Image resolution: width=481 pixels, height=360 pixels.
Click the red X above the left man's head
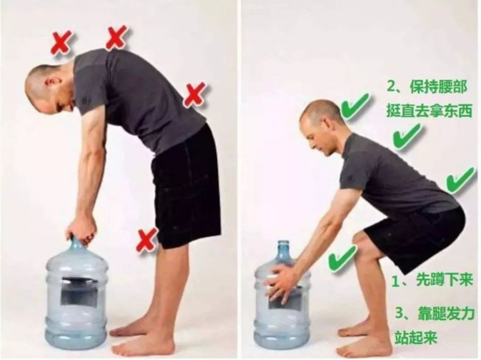tap(61, 43)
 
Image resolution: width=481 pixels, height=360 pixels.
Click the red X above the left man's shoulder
tap(117, 37)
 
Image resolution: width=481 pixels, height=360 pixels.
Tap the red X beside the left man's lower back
tap(195, 94)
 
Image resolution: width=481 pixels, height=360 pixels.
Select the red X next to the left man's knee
tap(147, 240)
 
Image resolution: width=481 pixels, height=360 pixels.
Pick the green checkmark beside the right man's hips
tap(460, 180)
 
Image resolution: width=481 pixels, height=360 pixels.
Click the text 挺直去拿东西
tap(429, 111)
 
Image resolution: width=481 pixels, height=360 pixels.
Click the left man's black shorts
tap(187, 187)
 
